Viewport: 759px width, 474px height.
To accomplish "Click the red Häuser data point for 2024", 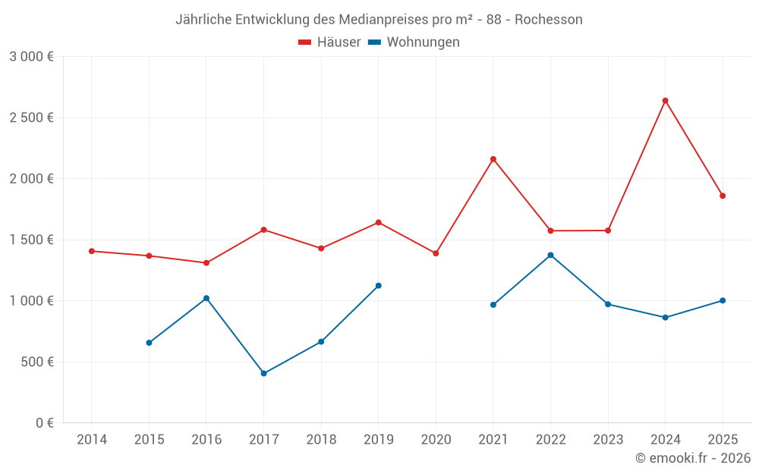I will coord(665,101).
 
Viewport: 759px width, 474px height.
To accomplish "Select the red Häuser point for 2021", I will coord(493,159).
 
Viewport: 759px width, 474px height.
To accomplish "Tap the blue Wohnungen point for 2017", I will coord(263,373).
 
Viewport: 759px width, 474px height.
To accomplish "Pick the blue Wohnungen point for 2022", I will coord(550,255).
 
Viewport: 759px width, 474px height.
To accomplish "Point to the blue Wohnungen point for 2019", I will coord(379,286).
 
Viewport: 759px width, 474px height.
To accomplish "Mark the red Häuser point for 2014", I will coord(92,251).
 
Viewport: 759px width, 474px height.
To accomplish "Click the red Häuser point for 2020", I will coord(436,253).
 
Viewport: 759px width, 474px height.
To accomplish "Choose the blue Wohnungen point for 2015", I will coord(149,343).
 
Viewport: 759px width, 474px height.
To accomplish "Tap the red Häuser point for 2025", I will coord(723,196).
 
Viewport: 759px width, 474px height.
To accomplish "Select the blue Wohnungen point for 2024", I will coord(665,317).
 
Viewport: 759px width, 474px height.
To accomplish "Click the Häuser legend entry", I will coord(329,42).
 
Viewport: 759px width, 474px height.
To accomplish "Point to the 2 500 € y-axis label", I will coord(31,118).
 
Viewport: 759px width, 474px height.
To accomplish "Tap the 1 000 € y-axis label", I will coord(31,300).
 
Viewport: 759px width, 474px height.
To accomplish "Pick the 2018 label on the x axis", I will coord(321,440).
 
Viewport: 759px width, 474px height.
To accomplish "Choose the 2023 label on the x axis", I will coord(608,440).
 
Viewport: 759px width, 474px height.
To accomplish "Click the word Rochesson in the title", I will coord(548,20).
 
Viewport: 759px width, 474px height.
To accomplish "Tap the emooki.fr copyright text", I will coord(693,458).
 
